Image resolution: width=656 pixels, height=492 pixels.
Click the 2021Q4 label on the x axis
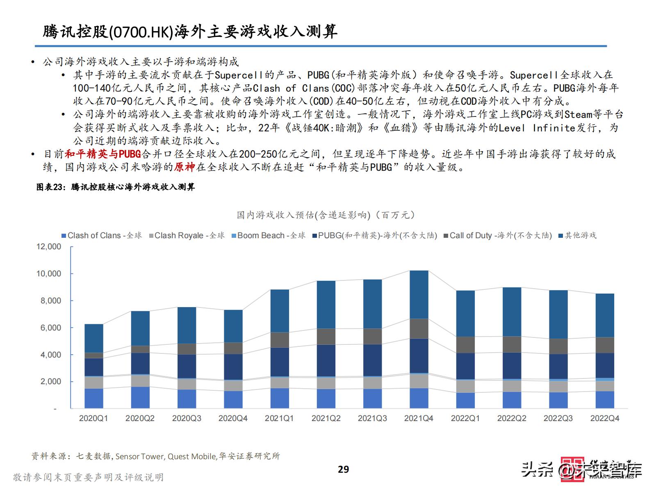point(419,419)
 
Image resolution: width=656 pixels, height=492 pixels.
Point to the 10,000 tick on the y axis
point(49,273)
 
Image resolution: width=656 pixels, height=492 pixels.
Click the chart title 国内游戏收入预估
point(326,215)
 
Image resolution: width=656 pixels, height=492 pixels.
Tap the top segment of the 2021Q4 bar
point(419,294)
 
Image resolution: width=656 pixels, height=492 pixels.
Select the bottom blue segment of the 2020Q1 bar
point(93,398)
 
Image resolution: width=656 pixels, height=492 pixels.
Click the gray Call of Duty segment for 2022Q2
point(512,344)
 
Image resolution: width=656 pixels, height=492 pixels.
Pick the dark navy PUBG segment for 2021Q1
point(280,362)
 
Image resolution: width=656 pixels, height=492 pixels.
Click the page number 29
point(343,469)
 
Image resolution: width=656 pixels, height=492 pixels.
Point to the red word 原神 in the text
point(184,167)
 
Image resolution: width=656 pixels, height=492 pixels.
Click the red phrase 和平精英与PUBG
point(102,154)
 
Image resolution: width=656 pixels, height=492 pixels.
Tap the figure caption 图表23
point(50,187)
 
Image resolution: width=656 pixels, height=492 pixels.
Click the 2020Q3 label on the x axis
point(187,419)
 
